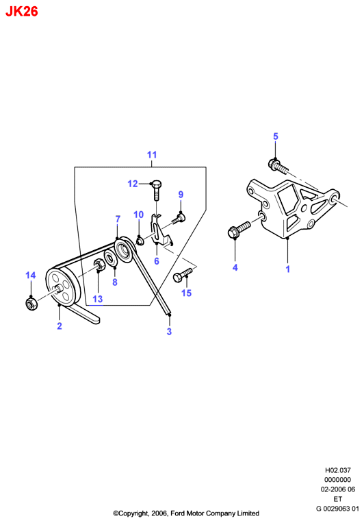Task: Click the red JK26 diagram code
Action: point(22,12)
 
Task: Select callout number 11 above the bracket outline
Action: point(152,155)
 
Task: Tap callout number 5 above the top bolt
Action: point(276,136)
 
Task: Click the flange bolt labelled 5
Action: point(277,165)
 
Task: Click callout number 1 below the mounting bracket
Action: point(288,269)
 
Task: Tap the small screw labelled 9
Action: point(179,219)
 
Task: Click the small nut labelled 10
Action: point(140,241)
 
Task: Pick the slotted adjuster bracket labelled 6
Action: point(160,230)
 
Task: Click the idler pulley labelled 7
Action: point(125,250)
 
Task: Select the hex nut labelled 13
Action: point(99,265)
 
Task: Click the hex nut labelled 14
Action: point(31,304)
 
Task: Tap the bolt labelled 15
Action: point(183,275)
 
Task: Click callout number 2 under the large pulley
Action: point(60,326)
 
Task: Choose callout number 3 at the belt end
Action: point(169,331)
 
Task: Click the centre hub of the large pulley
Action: point(59,288)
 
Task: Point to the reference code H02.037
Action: point(338,470)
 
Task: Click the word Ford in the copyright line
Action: point(177,513)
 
